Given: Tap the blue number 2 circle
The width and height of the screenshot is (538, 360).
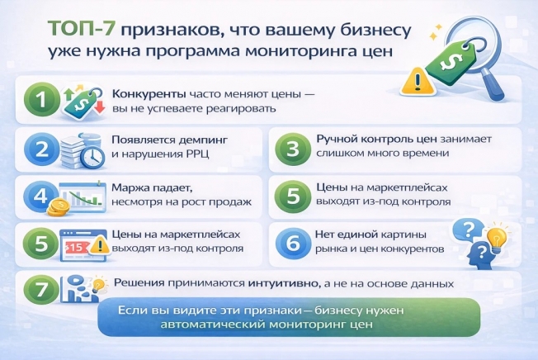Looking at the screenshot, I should pyautogui.click(x=39, y=149).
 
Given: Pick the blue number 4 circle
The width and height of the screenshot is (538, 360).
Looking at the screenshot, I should pyautogui.click(x=39, y=197).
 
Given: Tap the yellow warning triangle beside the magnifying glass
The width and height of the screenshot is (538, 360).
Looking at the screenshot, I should pyautogui.click(x=413, y=80).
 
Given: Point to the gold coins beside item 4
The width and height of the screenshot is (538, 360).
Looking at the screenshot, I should pyautogui.click(x=59, y=206).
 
